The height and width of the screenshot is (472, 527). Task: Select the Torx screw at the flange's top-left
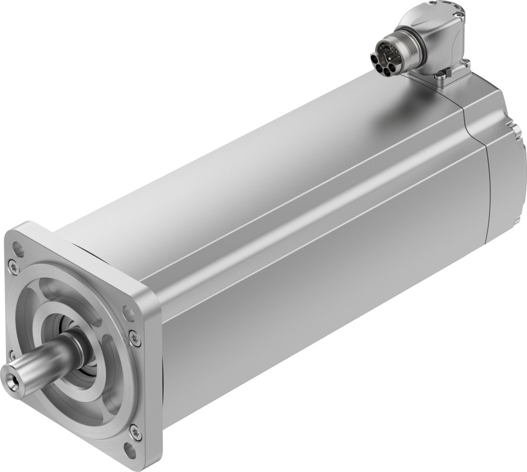pos(14,267)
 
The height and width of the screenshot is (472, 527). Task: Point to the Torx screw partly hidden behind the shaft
pos(12,355)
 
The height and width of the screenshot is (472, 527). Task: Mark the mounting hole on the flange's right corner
pos(129,313)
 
